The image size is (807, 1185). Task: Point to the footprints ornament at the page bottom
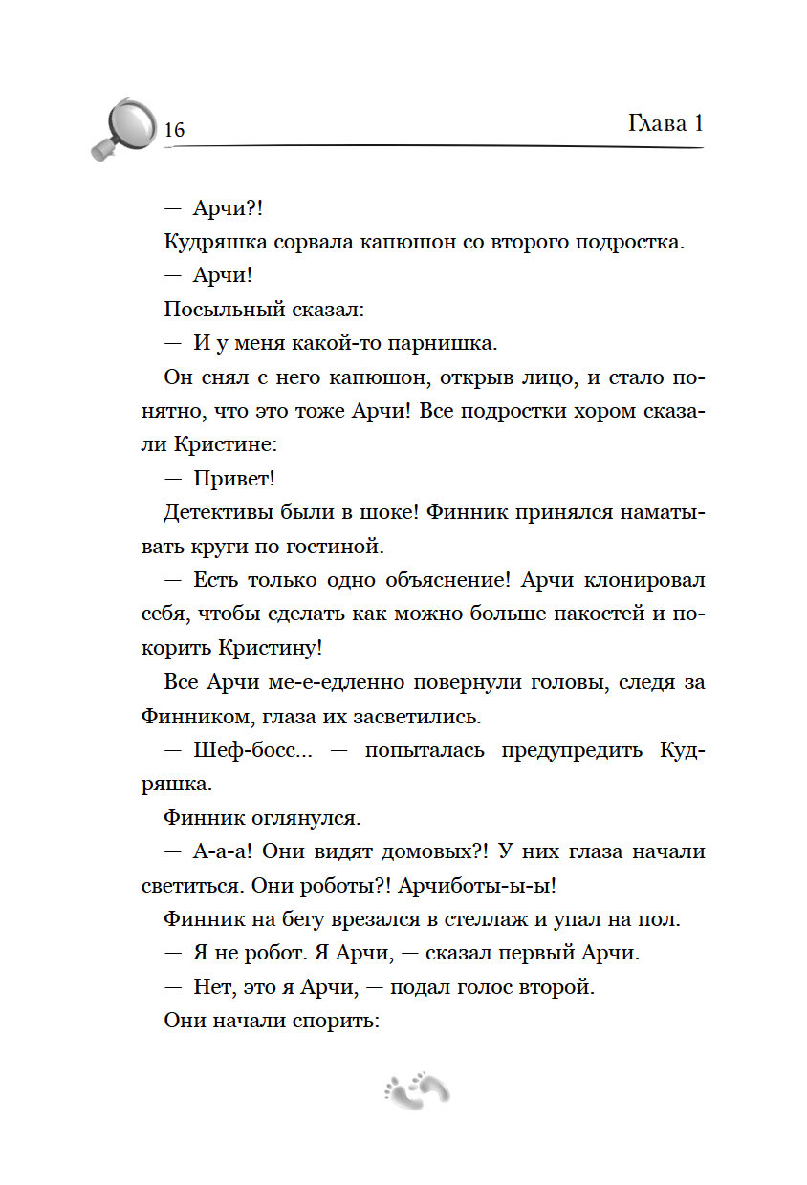[x=416, y=1088]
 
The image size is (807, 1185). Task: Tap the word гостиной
[x=333, y=547]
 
